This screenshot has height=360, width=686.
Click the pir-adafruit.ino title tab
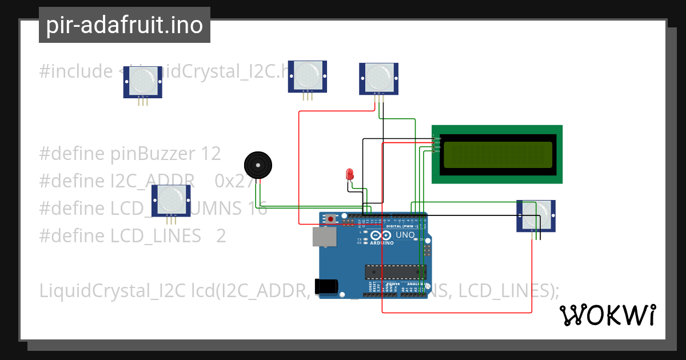(124, 25)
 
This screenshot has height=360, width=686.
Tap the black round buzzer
(258, 165)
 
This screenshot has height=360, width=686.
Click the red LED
(349, 174)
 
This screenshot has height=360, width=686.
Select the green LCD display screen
(497, 154)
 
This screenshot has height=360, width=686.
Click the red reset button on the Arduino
(331, 219)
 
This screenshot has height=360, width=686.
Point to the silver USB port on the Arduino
(324, 237)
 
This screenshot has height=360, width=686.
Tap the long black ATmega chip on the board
(395, 273)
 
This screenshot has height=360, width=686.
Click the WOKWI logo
(607, 315)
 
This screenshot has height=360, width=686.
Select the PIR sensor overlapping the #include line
(143, 79)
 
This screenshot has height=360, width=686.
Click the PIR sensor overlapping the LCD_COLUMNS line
(171, 199)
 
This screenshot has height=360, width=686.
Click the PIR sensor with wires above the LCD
(378, 77)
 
